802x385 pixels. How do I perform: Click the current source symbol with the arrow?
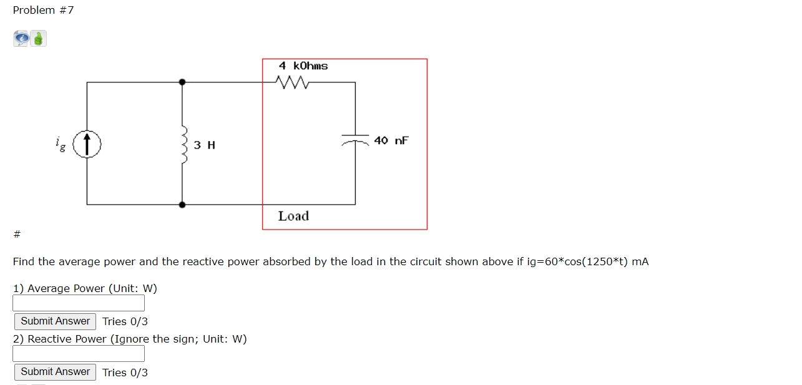[87, 144]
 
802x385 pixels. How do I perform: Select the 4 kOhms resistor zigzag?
[290, 82]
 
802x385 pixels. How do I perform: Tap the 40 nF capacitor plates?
[356, 139]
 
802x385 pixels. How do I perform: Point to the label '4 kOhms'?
[303, 66]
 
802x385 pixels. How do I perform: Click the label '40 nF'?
[391, 140]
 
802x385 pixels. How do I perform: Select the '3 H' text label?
[205, 145]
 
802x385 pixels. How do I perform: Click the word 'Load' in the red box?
[293, 216]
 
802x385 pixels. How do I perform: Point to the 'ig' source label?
[60, 145]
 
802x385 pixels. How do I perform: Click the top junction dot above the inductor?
[182, 82]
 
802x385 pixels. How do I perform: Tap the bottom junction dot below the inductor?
[182, 204]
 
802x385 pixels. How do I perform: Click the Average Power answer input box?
[79, 303]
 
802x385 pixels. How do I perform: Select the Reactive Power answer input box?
[79, 354]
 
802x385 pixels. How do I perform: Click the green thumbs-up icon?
[39, 39]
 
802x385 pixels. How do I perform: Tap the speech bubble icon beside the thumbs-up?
[21, 39]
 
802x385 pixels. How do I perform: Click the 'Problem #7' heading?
[43, 10]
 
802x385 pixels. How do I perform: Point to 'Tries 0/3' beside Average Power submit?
[125, 321]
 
